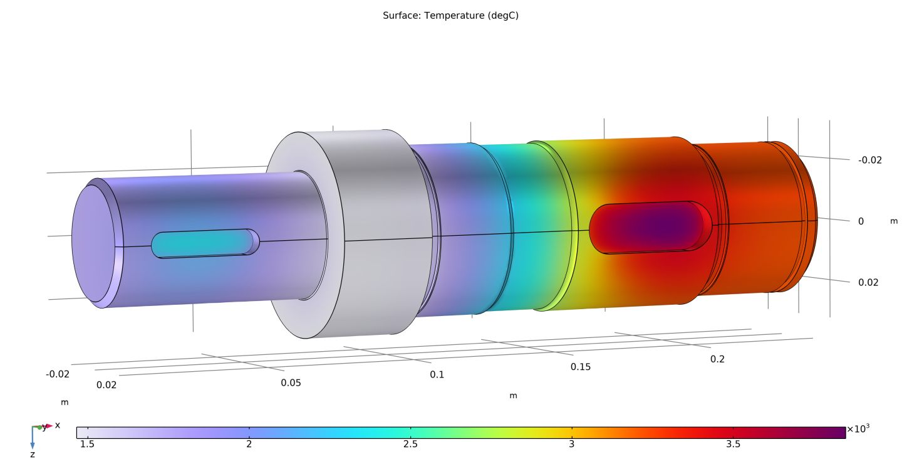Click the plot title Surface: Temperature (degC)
point(450,16)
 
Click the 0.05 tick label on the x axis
point(291,382)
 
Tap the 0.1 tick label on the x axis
point(437,374)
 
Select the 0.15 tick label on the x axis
point(580,367)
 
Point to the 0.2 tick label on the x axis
point(717,359)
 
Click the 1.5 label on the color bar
point(88,444)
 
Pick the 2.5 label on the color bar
point(410,444)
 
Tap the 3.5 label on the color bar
point(733,444)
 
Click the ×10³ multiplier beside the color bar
point(858,430)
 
